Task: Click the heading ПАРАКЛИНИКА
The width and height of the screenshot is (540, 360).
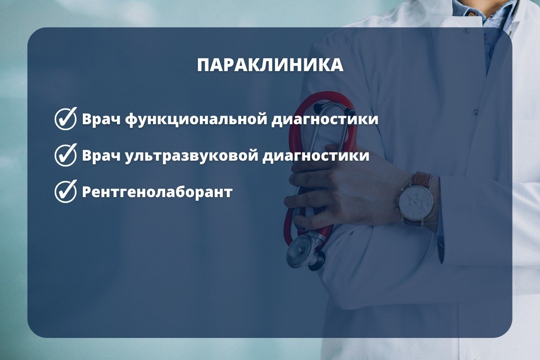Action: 270,65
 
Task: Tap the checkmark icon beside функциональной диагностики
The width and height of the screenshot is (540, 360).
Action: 66,119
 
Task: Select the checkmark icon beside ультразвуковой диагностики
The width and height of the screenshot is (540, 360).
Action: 66,155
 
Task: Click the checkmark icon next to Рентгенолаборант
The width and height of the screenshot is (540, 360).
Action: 66,191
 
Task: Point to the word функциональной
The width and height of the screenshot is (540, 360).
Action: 196,119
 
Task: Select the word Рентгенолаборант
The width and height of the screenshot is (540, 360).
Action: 157,192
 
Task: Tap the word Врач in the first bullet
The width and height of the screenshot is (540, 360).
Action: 101,119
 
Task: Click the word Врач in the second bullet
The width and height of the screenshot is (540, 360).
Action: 101,156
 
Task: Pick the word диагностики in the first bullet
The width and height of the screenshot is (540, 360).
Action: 325,120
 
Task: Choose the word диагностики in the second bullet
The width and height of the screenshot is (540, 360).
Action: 316,156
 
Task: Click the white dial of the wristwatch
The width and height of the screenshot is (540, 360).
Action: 416,202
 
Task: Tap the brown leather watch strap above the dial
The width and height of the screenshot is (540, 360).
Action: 421,179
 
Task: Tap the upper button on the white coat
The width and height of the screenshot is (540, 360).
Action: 467,31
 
